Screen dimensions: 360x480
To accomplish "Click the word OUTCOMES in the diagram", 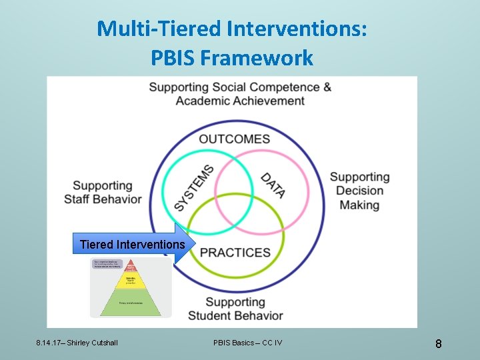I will tap(234, 139).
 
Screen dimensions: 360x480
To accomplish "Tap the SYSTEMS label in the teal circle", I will tap(195, 189).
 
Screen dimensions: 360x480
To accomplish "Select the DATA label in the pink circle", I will tap(273, 185).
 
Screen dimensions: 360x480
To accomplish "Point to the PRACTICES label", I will tap(235, 253).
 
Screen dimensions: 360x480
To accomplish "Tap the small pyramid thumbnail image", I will tap(131, 288).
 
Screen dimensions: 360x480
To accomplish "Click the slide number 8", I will tap(438, 344).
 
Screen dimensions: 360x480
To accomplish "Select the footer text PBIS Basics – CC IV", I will tap(247, 343).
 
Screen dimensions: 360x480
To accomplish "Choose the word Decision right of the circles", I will tap(359, 191).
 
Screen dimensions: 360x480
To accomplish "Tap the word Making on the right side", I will tap(359, 205).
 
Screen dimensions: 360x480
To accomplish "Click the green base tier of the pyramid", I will tap(131, 305).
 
